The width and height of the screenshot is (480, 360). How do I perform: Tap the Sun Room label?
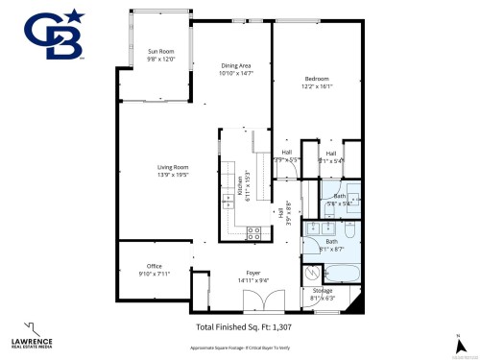pyautogui.click(x=160, y=51)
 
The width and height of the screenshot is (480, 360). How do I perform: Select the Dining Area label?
pyautogui.click(x=234, y=66)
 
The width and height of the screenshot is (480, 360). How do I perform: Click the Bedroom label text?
pyautogui.click(x=318, y=78)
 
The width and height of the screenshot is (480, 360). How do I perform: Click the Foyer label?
pyautogui.click(x=252, y=273)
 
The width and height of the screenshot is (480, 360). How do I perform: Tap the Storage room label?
pyautogui.click(x=323, y=289)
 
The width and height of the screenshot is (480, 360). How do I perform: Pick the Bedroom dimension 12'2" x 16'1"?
pyautogui.click(x=318, y=85)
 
